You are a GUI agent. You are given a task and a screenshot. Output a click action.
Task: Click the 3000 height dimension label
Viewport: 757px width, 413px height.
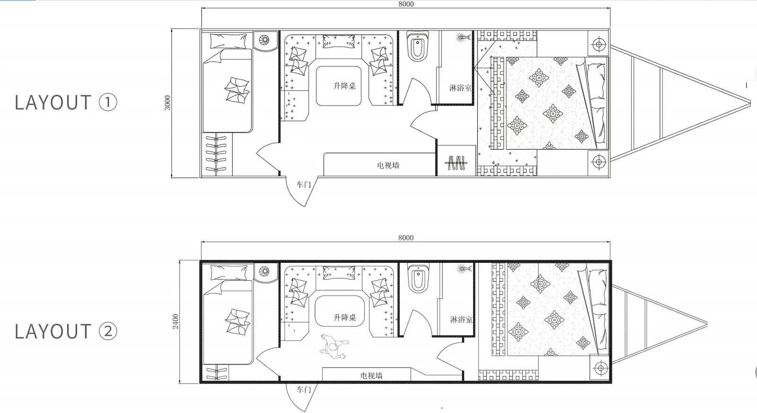coord(167,103)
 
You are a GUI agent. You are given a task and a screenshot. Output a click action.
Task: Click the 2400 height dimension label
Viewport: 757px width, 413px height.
coord(176,321)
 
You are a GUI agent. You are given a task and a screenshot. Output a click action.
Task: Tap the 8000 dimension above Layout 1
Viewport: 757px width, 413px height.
coord(406,4)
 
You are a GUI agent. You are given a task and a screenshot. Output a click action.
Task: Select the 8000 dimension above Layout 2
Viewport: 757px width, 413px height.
coord(406,237)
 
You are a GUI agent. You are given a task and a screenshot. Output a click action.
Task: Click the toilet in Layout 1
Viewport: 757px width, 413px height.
coord(418,46)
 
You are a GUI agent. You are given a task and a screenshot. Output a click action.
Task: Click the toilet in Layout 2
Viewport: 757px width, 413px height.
coord(418,278)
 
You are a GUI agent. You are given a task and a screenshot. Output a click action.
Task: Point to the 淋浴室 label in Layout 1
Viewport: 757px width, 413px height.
coord(460,88)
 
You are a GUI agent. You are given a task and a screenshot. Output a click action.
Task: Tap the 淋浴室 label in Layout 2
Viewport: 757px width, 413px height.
coord(461,320)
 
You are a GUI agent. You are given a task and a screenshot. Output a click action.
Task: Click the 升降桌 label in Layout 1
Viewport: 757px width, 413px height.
coord(345,86)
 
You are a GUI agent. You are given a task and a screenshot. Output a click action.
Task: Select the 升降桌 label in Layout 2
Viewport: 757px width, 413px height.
coord(345,318)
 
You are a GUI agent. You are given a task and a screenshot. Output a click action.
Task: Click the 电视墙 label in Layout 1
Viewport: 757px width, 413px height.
coord(388,165)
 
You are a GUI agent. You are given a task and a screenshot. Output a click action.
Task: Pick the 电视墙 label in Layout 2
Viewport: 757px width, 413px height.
coord(371,376)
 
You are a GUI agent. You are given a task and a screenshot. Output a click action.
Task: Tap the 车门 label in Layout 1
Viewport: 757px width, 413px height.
coord(303,185)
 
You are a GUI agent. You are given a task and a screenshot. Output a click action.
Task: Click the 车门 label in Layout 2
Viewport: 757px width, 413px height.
coord(303,390)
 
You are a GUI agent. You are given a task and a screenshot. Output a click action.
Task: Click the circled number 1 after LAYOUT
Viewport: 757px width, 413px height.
coord(108,102)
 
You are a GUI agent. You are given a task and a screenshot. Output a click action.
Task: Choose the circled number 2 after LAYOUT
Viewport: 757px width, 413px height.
coord(108,331)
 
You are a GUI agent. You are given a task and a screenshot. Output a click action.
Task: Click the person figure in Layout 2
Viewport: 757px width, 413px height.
coord(334,346)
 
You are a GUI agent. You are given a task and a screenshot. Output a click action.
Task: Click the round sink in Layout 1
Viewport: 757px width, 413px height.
coord(264,40)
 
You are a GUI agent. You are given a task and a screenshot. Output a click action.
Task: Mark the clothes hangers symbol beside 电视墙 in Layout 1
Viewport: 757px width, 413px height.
coord(456,163)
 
